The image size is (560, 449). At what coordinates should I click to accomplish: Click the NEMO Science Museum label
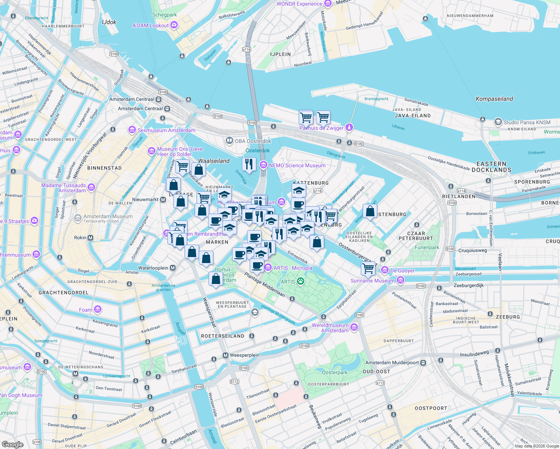[x=297, y=165]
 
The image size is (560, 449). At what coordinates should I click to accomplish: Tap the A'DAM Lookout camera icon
[x=174, y=25]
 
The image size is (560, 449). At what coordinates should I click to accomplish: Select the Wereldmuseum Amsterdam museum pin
[x=354, y=328]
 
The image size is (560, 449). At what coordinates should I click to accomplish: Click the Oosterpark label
[x=335, y=372]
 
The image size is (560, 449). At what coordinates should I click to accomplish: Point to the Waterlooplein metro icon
[x=173, y=268]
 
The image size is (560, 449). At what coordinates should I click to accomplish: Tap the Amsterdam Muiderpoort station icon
[x=423, y=363]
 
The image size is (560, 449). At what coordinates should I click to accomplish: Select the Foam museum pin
[x=98, y=309]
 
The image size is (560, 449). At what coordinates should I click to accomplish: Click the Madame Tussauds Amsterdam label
[x=64, y=188]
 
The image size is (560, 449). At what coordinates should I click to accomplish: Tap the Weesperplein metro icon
[x=225, y=355]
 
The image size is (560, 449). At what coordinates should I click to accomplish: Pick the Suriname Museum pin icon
[x=401, y=280]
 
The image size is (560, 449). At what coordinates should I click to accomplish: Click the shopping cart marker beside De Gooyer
[x=368, y=268]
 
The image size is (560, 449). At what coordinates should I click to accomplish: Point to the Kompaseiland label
[x=494, y=99]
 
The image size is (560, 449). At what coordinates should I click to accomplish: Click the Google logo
[x=13, y=445]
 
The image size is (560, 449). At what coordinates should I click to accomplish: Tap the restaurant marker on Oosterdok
[x=249, y=164]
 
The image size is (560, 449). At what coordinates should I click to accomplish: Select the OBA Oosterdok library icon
[x=229, y=141]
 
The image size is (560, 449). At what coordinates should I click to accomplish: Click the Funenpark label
[x=427, y=247]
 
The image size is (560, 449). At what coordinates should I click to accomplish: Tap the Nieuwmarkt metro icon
[x=163, y=199]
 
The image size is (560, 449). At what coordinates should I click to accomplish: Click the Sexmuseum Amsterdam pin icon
[x=132, y=130]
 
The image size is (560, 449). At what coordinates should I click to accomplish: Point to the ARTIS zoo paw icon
[x=300, y=281]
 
